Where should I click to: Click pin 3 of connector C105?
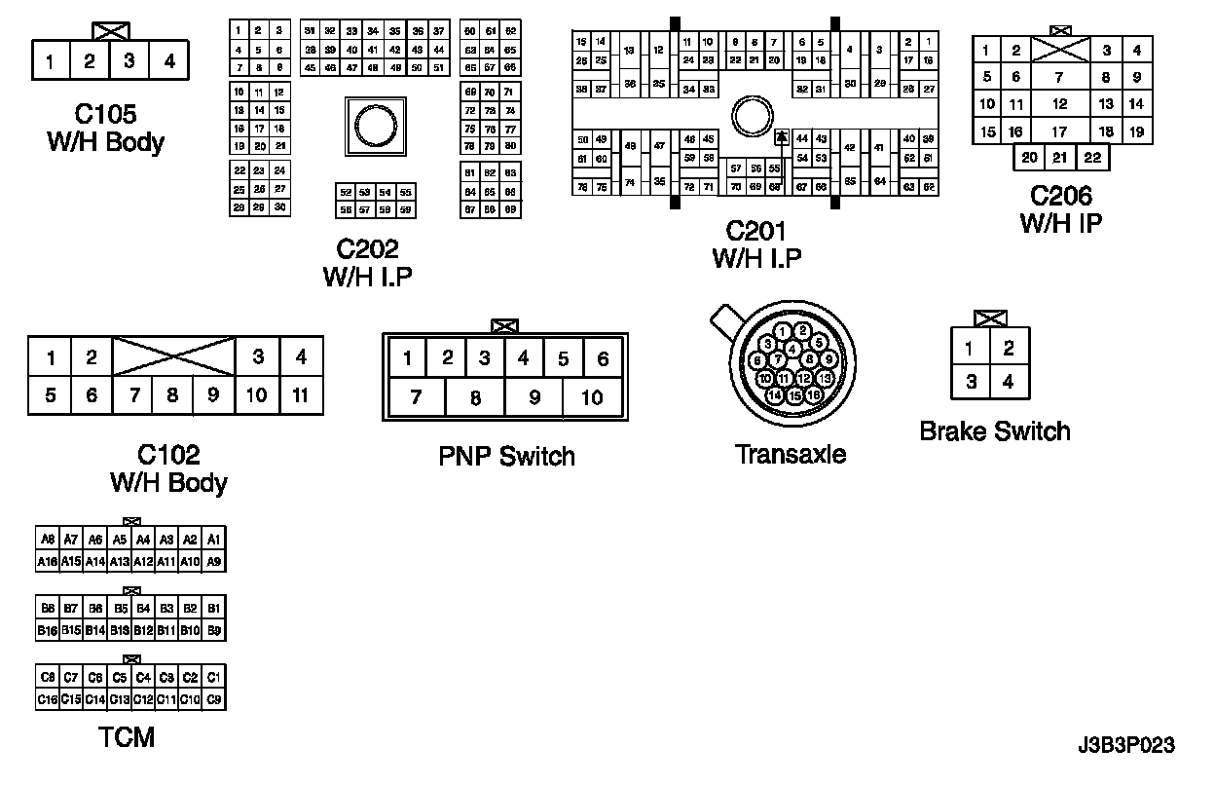tap(129, 61)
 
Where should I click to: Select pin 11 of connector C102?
tap(301, 395)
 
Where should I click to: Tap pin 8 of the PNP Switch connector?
tap(475, 397)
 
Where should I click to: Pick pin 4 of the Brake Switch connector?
tap(1009, 382)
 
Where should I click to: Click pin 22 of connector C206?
tap(1092, 158)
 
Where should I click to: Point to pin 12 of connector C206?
tap(1060, 104)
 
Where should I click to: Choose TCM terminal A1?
tap(214, 540)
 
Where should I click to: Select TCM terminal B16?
tap(47, 630)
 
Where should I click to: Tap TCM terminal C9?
tap(214, 699)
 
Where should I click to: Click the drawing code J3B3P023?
tap(1126, 747)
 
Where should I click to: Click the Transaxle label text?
tap(790, 454)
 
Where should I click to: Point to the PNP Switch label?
tap(506, 456)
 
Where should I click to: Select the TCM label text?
tap(127, 737)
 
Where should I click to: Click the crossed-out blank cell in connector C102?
tap(173, 356)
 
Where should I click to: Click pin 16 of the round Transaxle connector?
tap(813, 395)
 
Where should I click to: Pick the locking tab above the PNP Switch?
tap(505, 326)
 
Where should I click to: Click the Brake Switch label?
tap(994, 431)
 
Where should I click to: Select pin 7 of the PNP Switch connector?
tap(416, 397)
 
